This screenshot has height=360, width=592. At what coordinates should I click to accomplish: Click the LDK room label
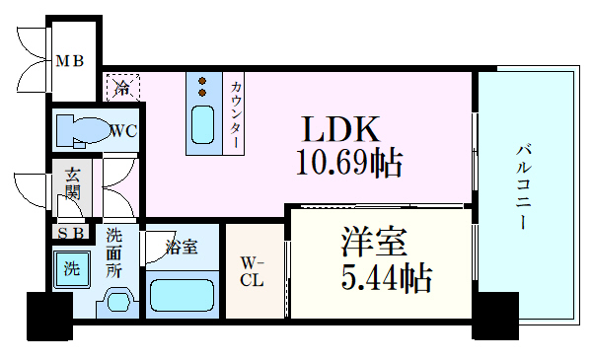coord(339,130)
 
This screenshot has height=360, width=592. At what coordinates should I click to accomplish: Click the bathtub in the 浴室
coord(184,293)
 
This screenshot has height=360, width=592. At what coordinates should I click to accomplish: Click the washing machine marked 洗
coord(72,268)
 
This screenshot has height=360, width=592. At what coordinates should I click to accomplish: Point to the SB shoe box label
coord(71,234)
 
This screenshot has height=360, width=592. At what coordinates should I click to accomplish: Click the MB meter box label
coord(68,61)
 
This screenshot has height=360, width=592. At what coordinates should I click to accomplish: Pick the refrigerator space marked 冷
coord(122,86)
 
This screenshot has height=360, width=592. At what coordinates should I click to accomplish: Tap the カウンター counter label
coord(237,114)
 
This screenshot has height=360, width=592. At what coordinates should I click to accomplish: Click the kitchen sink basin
coord(202,125)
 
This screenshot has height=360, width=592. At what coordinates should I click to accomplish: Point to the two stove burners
coord(202,88)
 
